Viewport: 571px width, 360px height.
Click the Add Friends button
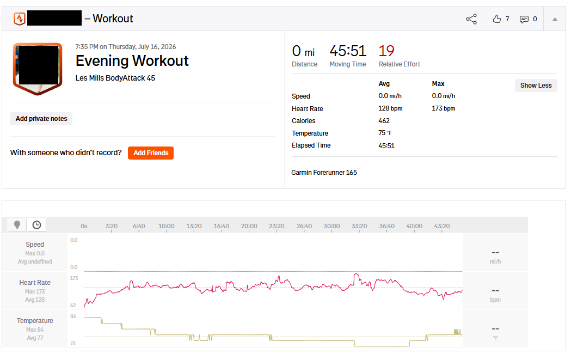pyautogui.click(x=151, y=153)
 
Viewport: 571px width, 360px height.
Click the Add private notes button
pyautogui.click(x=41, y=119)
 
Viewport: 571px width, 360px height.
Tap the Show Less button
pyautogui.click(x=536, y=86)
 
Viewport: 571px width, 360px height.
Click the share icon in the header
pyautogui.click(x=471, y=19)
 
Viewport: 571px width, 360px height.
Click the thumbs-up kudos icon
pyautogui.click(x=497, y=19)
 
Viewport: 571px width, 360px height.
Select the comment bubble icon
pyautogui.click(x=524, y=19)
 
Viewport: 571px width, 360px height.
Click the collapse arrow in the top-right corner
pyautogui.click(x=555, y=19)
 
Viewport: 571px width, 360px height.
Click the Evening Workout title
pyautogui.click(x=132, y=61)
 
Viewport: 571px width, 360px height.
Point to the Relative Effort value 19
pyautogui.click(x=386, y=51)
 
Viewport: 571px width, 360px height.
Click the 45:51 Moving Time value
pyautogui.click(x=348, y=51)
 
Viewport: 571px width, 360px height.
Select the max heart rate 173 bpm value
pyautogui.click(x=444, y=108)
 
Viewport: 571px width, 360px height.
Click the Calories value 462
pyautogui.click(x=384, y=121)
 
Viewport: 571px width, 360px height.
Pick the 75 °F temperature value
pyautogui.click(x=385, y=133)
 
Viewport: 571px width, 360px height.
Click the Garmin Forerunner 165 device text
pyautogui.click(x=324, y=173)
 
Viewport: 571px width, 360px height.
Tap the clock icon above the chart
pyautogui.click(x=37, y=225)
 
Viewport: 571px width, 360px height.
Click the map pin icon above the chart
pyautogui.click(x=17, y=225)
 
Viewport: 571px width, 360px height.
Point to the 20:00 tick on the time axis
pyautogui.click(x=249, y=226)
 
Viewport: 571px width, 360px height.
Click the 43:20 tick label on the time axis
pyautogui.click(x=442, y=226)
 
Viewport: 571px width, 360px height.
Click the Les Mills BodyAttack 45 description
pyautogui.click(x=115, y=78)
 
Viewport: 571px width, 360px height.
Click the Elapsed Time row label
pyautogui.click(x=311, y=145)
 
